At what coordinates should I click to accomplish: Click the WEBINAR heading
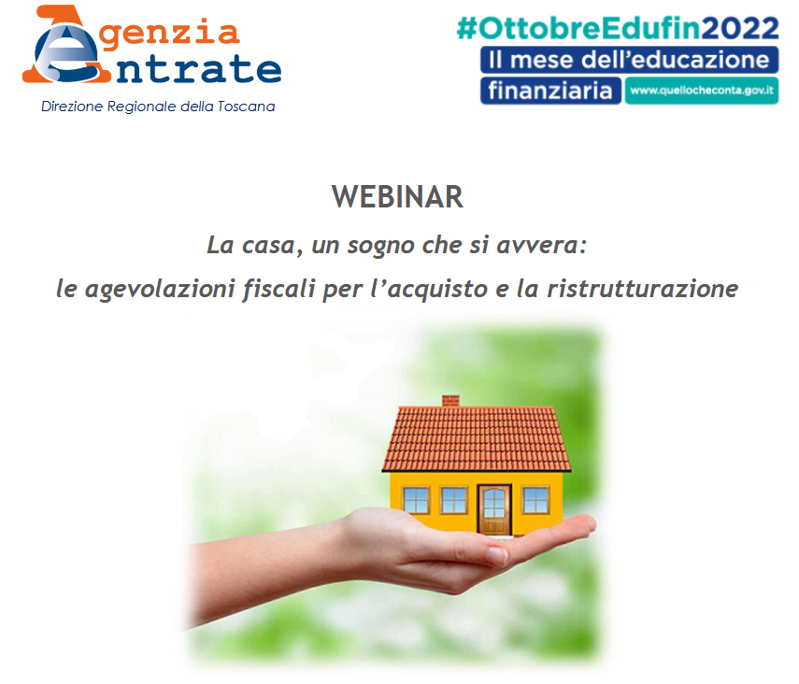[397, 197]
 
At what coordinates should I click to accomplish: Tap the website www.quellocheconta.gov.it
[702, 91]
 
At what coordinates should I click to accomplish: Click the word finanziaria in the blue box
[550, 91]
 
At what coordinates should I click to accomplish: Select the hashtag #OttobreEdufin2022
[618, 29]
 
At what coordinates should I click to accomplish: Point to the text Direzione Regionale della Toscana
[158, 107]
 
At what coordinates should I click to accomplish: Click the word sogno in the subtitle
[381, 246]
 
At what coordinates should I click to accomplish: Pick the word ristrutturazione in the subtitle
[643, 289]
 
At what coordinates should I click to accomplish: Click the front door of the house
[494, 510]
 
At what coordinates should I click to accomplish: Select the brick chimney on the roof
[450, 401]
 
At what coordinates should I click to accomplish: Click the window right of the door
[535, 500]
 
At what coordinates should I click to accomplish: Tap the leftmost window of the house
[416, 500]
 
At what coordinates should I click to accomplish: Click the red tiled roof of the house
[477, 438]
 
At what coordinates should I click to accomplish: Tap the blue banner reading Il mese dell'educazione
[629, 60]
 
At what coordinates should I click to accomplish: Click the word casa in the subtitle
[268, 246]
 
